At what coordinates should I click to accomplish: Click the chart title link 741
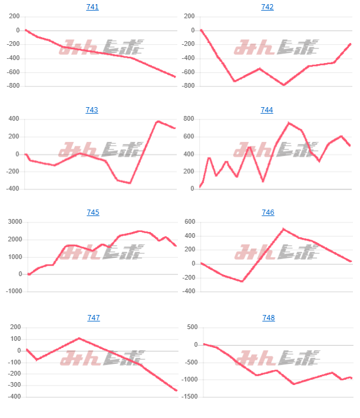point(93,7)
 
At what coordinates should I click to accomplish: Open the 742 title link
point(267,7)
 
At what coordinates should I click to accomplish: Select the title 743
point(93,110)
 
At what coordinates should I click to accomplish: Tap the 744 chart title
point(267,110)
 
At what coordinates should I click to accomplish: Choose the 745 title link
point(93,213)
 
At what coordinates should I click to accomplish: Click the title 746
point(267,213)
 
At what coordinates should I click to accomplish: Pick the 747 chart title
point(93,318)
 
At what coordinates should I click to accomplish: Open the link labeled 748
point(269,318)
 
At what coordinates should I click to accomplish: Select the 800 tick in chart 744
point(189,119)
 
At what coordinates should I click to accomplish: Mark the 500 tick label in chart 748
point(190,327)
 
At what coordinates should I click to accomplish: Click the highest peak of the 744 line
point(289,122)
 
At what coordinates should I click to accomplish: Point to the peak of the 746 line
point(283,229)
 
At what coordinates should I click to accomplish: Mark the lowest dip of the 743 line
point(130,183)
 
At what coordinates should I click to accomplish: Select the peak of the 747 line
point(79,339)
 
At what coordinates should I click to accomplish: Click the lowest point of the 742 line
point(284,85)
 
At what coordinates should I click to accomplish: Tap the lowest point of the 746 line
point(242,281)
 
